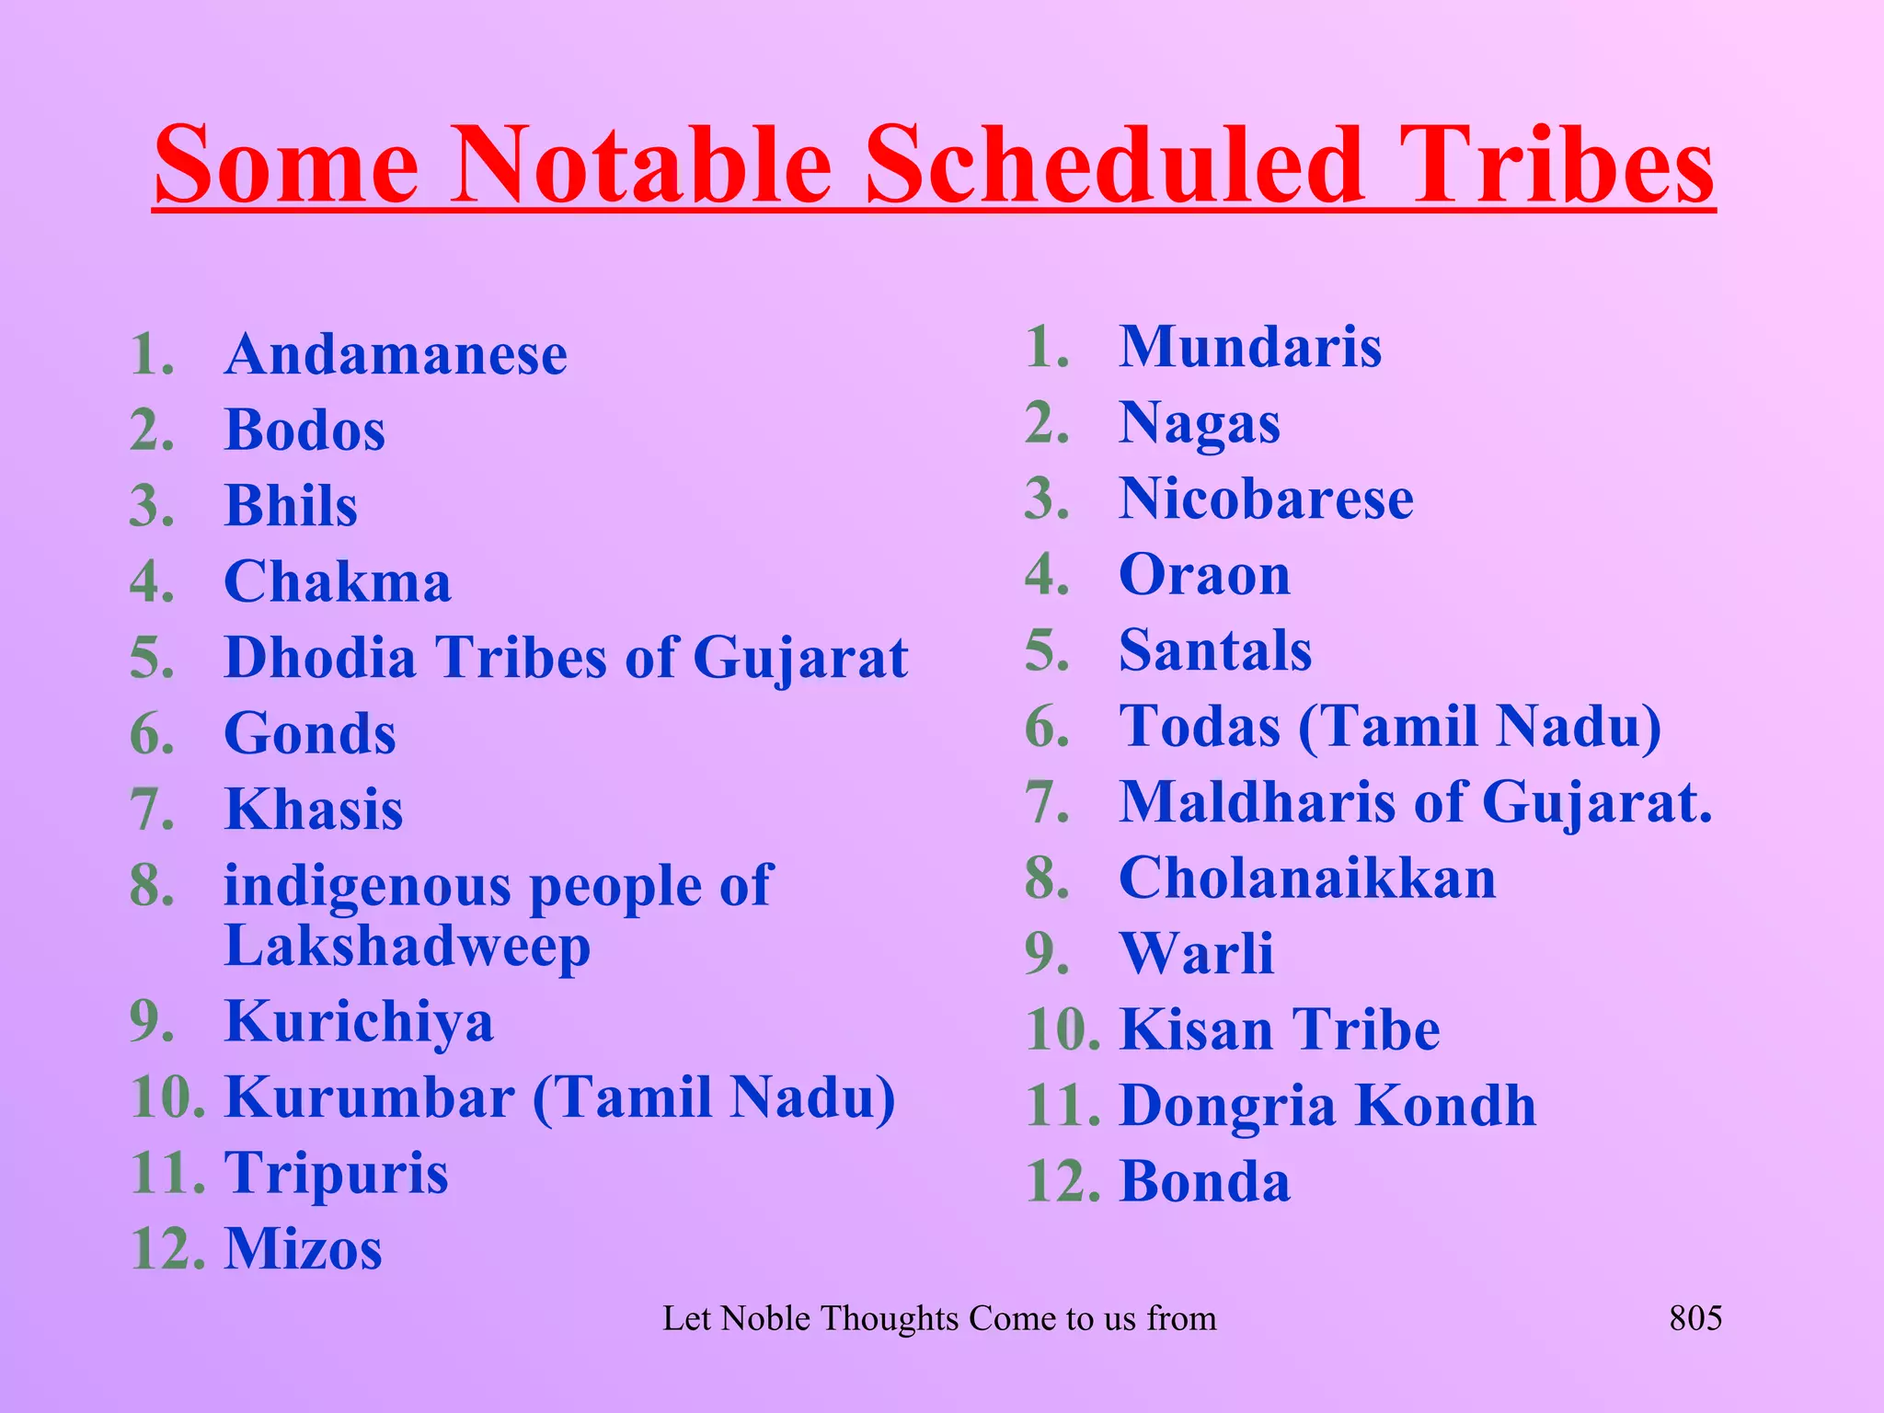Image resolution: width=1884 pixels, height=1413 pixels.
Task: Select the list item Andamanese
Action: coord(396,355)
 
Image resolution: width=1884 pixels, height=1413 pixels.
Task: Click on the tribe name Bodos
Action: coord(304,431)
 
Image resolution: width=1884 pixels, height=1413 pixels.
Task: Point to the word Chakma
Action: coord(338,582)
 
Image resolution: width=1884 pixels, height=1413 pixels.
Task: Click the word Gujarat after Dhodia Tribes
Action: coord(800,659)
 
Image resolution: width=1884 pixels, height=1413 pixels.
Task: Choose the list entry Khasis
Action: coord(314,810)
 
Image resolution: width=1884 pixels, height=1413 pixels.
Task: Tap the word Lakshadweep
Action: coord(407,946)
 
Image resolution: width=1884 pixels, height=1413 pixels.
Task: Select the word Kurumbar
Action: coord(370,1097)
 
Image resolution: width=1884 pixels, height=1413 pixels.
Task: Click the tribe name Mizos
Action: coord(304,1249)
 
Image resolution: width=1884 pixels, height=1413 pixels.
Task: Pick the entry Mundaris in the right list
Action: coord(1250,348)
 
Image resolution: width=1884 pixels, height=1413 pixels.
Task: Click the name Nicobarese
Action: coord(1266,500)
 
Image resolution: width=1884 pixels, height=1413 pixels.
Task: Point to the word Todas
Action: coord(1200,727)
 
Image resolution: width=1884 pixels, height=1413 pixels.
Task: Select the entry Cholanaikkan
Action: coord(1307,879)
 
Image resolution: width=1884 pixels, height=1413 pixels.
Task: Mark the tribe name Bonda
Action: coord(1205,1181)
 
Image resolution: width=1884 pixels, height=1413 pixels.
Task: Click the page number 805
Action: coord(1695,1318)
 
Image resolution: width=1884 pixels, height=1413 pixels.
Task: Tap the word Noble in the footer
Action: coord(765,1318)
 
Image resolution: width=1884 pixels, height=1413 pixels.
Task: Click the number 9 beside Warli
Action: coord(1047,954)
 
